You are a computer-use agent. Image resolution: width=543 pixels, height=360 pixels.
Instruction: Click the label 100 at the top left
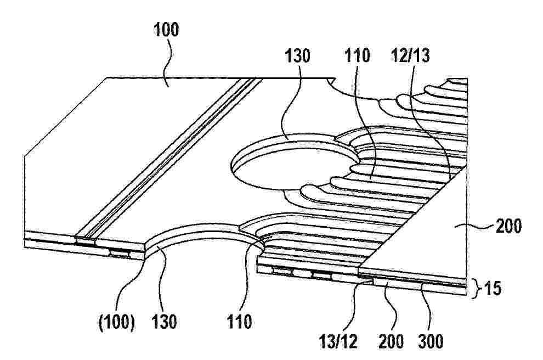click(166, 30)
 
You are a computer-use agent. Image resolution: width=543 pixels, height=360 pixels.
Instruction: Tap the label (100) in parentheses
click(117, 322)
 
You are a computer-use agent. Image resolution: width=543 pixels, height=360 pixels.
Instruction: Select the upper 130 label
click(297, 55)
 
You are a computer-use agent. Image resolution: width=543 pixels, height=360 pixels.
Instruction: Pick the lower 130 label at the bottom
click(164, 322)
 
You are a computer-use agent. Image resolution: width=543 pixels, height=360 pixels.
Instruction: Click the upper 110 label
click(357, 55)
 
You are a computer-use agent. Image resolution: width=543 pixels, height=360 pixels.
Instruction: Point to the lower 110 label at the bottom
click(240, 322)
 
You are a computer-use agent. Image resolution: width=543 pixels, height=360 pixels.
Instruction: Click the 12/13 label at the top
click(410, 55)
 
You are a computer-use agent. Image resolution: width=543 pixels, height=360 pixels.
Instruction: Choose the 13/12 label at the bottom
click(338, 341)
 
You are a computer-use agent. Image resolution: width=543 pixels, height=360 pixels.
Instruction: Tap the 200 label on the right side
click(508, 227)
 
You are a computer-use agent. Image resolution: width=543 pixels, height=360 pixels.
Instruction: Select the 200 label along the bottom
click(391, 341)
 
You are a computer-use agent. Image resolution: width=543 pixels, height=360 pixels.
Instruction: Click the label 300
click(431, 341)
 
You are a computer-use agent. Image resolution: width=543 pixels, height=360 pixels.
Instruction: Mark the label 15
click(492, 288)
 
